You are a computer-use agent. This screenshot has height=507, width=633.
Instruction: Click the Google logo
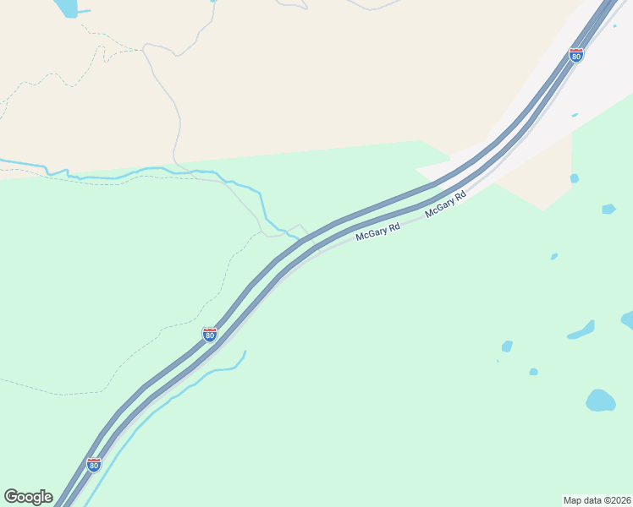(28, 497)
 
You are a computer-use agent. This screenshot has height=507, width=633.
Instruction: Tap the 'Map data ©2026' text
(597, 500)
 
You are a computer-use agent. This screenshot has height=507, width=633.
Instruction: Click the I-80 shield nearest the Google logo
(94, 465)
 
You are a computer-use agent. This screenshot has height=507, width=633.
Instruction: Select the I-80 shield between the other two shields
(210, 335)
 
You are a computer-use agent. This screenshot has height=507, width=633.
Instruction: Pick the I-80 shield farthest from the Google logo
(576, 56)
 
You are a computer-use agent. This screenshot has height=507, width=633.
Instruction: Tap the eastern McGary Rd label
(446, 204)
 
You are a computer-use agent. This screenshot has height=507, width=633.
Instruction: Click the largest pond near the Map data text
(600, 401)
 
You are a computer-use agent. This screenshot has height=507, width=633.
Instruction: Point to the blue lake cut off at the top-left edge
(65, 8)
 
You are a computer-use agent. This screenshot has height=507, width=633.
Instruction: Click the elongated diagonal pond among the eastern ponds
(581, 330)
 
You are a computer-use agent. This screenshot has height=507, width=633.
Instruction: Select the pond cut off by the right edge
(627, 319)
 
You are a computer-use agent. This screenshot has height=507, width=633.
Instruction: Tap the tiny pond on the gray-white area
(575, 115)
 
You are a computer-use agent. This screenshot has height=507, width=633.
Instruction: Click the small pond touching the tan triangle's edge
(575, 178)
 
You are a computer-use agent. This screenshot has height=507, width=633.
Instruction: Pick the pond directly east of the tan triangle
(608, 209)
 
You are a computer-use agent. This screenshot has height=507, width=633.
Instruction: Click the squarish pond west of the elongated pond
(507, 346)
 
